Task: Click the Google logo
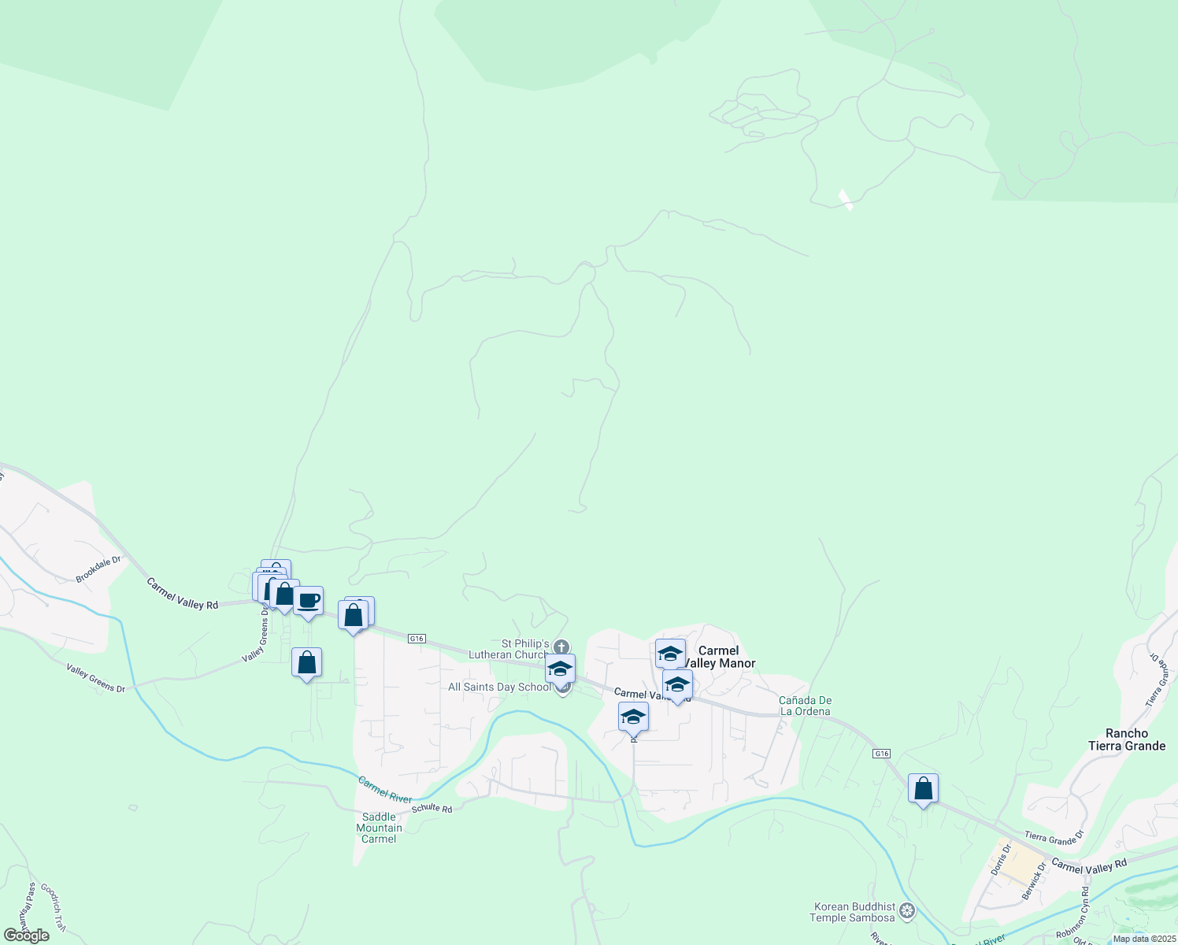pyautogui.click(x=26, y=936)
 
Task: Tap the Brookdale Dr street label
pyautogui.click(x=98, y=569)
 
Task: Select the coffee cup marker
pyautogui.click(x=308, y=602)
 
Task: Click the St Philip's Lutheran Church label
pyautogui.click(x=509, y=650)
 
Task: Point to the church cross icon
pyautogui.click(x=561, y=647)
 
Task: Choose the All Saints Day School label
pyautogui.click(x=499, y=687)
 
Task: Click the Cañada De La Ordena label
pyautogui.click(x=805, y=706)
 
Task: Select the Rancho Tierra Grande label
pyautogui.click(x=1126, y=739)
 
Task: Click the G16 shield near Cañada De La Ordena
pyautogui.click(x=882, y=754)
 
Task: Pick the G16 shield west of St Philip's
pyautogui.click(x=417, y=639)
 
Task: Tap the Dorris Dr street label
pyautogui.click(x=1000, y=860)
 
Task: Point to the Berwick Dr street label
pyautogui.click(x=1034, y=881)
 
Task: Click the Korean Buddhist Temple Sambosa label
pyautogui.click(x=854, y=912)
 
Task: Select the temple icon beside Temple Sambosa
pyautogui.click(x=908, y=912)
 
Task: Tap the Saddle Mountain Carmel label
pyautogui.click(x=380, y=828)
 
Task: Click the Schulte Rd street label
pyautogui.click(x=432, y=809)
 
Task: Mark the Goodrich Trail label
pyautogui.click(x=54, y=906)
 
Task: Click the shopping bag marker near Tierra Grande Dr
pyautogui.click(x=923, y=788)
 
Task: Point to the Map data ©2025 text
pyautogui.click(x=1143, y=939)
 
